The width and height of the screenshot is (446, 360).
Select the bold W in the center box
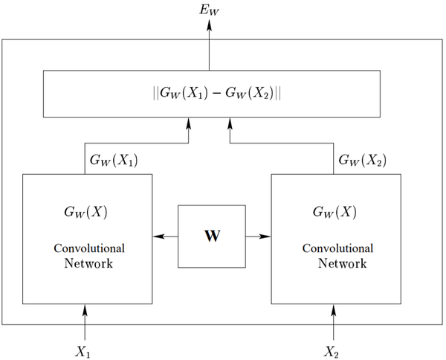pos(212,237)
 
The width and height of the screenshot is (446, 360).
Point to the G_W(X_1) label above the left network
pos(113,160)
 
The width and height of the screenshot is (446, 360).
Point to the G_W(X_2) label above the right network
pos(362,160)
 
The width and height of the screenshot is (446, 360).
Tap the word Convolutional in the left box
pos(88,248)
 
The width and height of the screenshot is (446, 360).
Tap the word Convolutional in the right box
pos(337,248)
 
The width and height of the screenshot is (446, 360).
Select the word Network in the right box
pos(342,263)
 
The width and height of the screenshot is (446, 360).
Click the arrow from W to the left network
pos(165,237)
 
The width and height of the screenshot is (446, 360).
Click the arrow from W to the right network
pos(258,237)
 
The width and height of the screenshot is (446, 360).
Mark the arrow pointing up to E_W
pos(209,45)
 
